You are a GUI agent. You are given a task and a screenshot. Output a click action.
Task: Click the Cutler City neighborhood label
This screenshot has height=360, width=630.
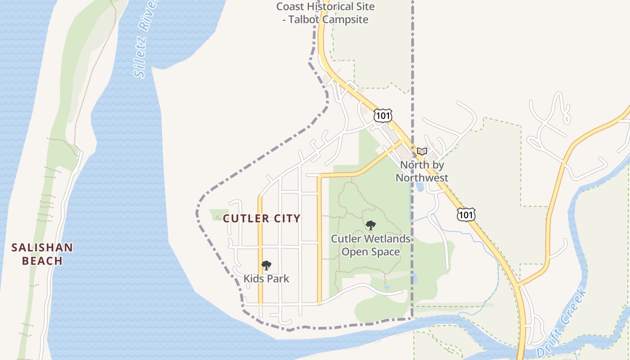coord(261,219)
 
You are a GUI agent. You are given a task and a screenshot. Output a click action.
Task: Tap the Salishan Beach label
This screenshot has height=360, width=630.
coord(42,254)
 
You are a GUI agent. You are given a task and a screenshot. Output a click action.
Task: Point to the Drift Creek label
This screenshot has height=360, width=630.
coord(562,323)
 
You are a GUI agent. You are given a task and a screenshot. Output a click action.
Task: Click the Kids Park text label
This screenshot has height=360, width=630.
coord(266,279)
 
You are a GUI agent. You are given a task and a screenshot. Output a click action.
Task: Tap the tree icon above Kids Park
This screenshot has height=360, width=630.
coord(266,265)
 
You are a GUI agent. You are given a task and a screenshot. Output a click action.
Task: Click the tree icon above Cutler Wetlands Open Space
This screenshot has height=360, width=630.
coord(371,225)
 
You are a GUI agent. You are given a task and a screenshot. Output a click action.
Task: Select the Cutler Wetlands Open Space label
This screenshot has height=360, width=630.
coord(371,245)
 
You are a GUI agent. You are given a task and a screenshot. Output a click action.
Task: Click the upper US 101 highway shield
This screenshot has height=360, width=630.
coord(382,116)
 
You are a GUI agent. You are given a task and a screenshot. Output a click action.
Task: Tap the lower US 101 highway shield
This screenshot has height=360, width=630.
coord(466,215)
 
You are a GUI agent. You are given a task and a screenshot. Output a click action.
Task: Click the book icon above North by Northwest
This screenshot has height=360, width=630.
coord(422,152)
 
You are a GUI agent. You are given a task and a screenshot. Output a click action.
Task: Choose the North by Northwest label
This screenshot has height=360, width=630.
coord(422,171)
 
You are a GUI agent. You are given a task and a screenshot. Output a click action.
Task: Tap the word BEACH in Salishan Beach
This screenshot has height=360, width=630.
coord(42,261)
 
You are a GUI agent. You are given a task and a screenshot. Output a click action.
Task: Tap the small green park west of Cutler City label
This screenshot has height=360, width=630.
coord(219,215)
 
